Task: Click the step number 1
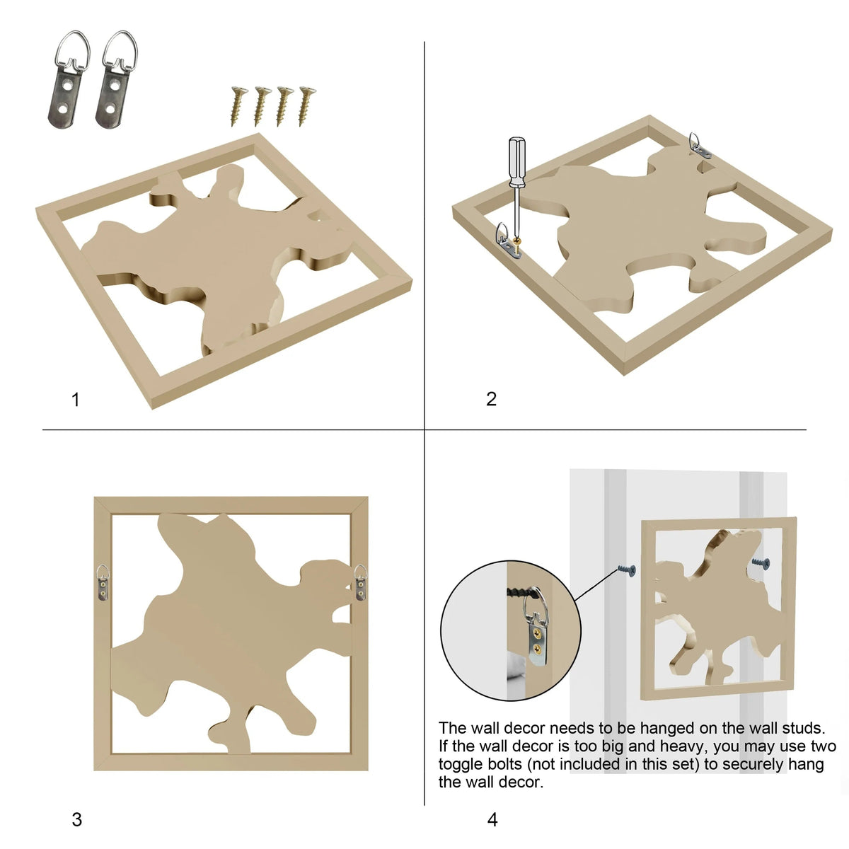click(x=76, y=400)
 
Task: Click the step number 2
click(x=491, y=399)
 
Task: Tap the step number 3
click(x=76, y=819)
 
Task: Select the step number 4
click(x=492, y=819)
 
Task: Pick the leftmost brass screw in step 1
click(x=238, y=105)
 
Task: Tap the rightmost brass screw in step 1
click(x=306, y=105)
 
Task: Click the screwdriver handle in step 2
click(x=516, y=162)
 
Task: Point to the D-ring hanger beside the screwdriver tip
click(x=507, y=241)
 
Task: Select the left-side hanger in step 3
click(x=103, y=582)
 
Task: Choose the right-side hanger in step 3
click(x=360, y=582)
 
